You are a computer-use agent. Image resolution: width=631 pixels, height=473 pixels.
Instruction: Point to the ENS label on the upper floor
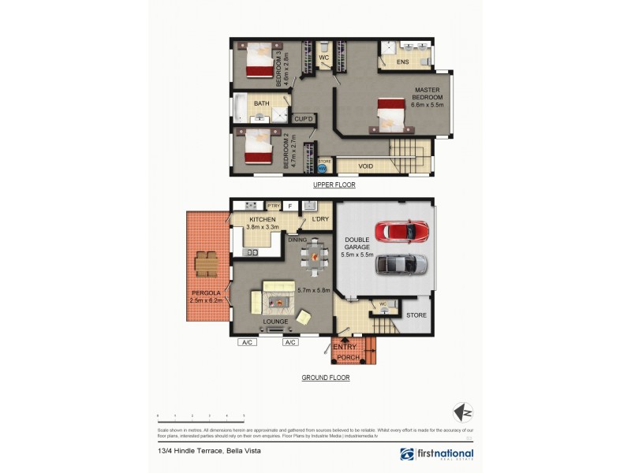402,61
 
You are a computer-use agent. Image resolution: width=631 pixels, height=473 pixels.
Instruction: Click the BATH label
262,103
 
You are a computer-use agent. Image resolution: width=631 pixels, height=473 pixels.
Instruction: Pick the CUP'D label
304,119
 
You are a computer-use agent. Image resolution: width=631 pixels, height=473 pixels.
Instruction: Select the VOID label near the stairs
365,166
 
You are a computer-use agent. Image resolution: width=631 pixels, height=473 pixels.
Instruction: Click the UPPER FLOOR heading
334,185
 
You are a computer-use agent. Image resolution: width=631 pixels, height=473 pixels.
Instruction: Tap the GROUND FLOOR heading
326,378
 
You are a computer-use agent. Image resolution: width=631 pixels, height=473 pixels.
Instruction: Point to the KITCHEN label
262,218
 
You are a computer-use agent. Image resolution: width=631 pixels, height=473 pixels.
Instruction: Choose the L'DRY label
319,218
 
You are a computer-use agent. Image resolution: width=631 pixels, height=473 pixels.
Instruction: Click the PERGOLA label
204,293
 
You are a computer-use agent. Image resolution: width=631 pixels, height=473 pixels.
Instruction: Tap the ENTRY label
345,347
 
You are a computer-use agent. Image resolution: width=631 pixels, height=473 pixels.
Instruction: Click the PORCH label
348,358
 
